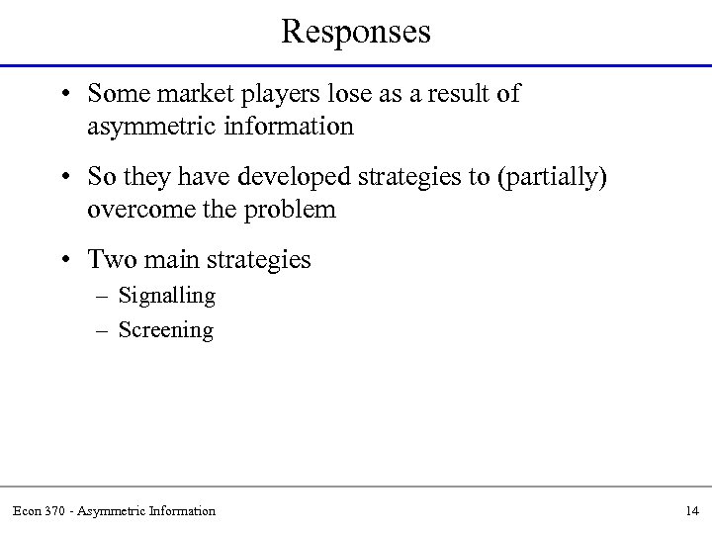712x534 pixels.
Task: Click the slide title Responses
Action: [356, 32]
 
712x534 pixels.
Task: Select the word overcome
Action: [132, 210]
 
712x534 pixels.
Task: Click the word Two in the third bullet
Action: [108, 259]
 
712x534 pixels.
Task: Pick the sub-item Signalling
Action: [166, 296]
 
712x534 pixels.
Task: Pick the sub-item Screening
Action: [166, 329]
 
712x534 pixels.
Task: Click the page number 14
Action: [691, 510]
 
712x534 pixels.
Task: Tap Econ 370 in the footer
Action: [38, 510]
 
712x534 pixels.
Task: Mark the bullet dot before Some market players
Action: [64, 95]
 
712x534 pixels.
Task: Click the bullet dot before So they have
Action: [64, 177]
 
